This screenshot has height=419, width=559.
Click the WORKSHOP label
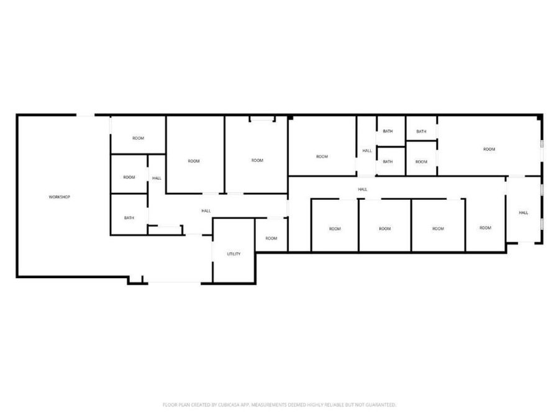pyautogui.click(x=60, y=197)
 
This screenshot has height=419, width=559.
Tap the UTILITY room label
pyautogui.click(x=234, y=254)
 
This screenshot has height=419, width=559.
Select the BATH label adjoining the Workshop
pyautogui.click(x=129, y=218)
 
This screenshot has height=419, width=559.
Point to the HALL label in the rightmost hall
pyautogui.click(x=524, y=213)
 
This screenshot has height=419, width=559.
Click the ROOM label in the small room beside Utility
pyautogui.click(x=271, y=238)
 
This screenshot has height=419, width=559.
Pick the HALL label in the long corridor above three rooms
pyautogui.click(x=363, y=189)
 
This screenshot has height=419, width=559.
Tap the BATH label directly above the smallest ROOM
pyautogui.click(x=421, y=132)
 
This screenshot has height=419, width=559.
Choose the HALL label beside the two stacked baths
pyautogui.click(x=367, y=151)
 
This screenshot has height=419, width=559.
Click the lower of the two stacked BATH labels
pyautogui.click(x=388, y=162)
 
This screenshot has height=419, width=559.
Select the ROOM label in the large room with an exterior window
pyautogui.click(x=489, y=149)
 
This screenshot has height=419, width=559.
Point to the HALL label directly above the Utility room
pyautogui.click(x=206, y=211)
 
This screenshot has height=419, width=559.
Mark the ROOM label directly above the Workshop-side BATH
pyautogui.click(x=129, y=178)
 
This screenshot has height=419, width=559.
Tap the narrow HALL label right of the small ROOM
pyautogui.click(x=157, y=179)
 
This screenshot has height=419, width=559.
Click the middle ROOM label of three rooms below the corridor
pyautogui.click(x=385, y=229)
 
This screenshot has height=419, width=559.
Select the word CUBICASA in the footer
pyautogui.click(x=222, y=405)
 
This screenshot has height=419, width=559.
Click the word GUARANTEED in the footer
pyautogui.click(x=380, y=405)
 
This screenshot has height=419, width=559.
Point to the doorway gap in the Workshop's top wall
pyautogui.click(x=86, y=115)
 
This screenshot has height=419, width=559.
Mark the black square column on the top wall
pyautogui.click(x=290, y=117)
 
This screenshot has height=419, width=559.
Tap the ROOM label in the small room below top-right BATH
pyautogui.click(x=421, y=162)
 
